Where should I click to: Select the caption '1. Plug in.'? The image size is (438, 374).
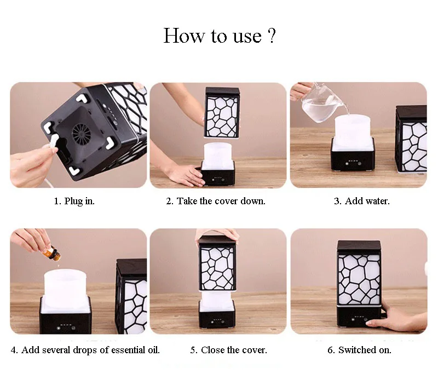pos(74,201)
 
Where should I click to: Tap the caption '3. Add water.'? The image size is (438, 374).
pos(361,201)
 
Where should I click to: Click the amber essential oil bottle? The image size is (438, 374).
pos(51,254)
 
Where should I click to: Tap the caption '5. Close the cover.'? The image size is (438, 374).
pos(228,350)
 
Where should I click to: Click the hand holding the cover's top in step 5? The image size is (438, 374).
pos(217,234)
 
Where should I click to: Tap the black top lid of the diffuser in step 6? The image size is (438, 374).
pos(359,247)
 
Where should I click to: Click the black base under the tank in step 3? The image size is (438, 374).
pos(353,160)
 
